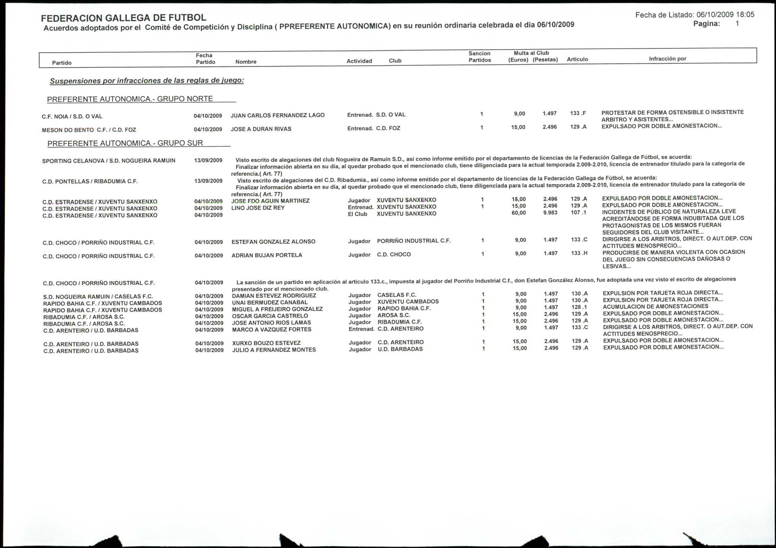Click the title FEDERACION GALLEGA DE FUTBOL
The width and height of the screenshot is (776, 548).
click(x=123, y=18)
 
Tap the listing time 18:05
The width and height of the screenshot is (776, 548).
click(x=745, y=15)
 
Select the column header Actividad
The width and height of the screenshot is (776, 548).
click(x=359, y=61)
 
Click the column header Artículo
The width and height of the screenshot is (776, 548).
click(x=577, y=59)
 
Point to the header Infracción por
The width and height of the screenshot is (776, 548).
click(x=667, y=58)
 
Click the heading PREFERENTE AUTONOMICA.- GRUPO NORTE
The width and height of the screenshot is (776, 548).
click(x=130, y=99)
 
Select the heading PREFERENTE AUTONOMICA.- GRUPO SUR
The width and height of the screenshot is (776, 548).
click(x=125, y=143)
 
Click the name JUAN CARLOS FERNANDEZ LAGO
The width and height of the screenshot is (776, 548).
click(x=277, y=115)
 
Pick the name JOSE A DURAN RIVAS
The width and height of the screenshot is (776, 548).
click(x=261, y=129)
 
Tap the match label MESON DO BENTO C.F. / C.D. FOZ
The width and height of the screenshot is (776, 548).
click(x=89, y=130)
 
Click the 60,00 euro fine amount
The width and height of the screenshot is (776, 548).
click(x=519, y=213)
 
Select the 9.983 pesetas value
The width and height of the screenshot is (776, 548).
click(x=550, y=213)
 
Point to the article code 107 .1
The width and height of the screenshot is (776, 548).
click(x=578, y=213)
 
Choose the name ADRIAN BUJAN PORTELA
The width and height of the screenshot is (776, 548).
click(x=267, y=255)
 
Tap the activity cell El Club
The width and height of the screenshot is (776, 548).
click(x=357, y=214)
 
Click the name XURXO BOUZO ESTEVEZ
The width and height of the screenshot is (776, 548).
click(x=266, y=343)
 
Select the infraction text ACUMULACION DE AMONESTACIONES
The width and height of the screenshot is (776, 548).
click(x=655, y=306)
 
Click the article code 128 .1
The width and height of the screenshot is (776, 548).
click(x=579, y=307)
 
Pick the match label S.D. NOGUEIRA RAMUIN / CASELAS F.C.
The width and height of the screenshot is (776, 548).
click(x=98, y=296)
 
